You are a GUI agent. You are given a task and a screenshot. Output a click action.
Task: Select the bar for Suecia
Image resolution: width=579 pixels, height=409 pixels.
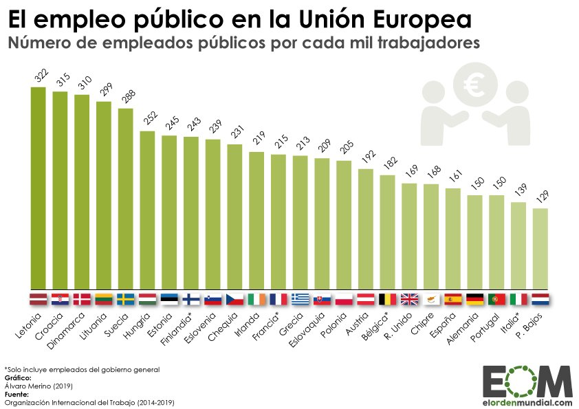coord(125,199)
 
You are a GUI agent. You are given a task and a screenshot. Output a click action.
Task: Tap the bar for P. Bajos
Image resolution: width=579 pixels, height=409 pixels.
coord(540,248)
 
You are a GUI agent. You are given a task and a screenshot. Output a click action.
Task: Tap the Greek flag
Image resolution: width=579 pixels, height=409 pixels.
coord(301,299)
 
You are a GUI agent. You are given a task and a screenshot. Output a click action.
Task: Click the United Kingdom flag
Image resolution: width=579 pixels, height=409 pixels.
coord(410,299)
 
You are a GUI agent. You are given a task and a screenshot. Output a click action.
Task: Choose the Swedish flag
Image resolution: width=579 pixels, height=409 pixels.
coord(125,299)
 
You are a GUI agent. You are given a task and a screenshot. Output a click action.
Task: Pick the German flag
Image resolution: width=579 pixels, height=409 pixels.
coord(475,299)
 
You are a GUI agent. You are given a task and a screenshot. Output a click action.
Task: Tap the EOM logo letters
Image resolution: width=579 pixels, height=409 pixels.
coord(527,382)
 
